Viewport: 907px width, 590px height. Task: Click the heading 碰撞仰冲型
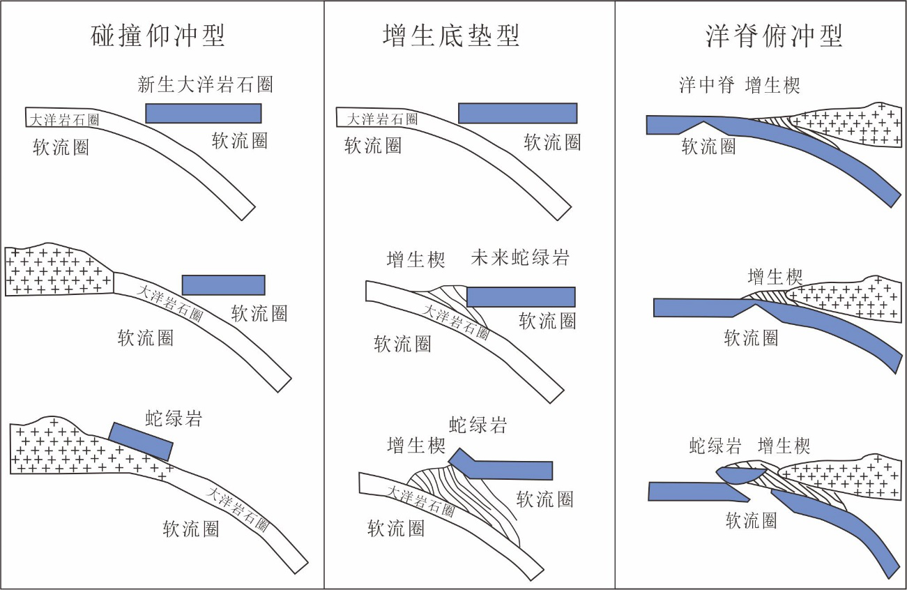[158, 36]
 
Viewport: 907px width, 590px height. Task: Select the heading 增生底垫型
[450, 36]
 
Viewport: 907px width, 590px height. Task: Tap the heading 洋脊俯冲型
[774, 36]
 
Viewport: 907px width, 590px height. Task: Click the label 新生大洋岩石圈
[205, 84]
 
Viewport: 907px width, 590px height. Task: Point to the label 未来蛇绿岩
[520, 257]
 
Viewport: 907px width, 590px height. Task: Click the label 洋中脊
[707, 85]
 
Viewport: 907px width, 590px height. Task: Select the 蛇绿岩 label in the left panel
[174, 418]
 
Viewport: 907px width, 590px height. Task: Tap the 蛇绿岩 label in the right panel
[715, 446]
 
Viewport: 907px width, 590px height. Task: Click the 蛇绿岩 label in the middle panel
[478, 425]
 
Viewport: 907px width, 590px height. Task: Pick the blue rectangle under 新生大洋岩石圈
[204, 113]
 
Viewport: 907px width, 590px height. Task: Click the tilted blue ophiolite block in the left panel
[141, 441]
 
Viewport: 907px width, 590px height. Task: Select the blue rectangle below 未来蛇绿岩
[521, 297]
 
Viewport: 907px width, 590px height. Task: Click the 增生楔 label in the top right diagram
[772, 86]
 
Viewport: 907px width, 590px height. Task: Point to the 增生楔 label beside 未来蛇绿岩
[416, 259]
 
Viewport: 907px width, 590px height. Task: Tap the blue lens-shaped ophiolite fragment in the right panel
[741, 476]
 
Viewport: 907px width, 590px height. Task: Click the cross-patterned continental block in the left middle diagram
[59, 270]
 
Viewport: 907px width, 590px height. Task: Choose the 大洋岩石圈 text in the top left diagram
[64, 120]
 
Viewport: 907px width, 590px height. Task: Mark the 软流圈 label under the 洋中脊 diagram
[708, 146]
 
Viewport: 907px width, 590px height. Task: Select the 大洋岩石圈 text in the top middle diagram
[382, 119]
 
